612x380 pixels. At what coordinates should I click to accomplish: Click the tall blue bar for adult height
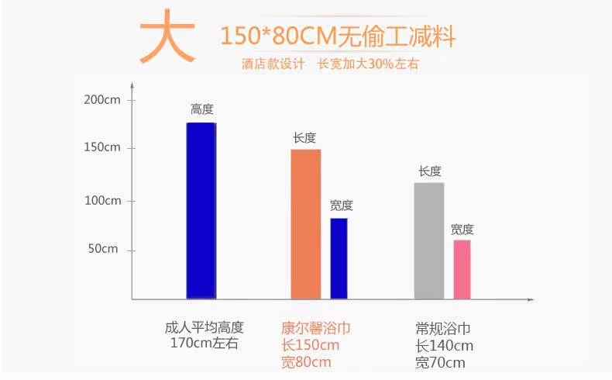click(x=201, y=210)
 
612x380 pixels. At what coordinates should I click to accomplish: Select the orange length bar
click(x=305, y=223)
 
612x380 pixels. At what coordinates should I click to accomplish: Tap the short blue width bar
click(x=339, y=258)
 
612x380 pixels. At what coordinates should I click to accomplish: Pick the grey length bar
click(x=428, y=240)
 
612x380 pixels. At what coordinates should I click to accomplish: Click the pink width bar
click(x=462, y=269)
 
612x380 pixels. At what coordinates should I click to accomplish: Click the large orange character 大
click(x=167, y=37)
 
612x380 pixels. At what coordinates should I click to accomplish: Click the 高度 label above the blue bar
click(x=201, y=109)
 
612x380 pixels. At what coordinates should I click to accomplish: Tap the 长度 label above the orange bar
click(x=304, y=137)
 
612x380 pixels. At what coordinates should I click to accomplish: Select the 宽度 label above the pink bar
click(x=462, y=230)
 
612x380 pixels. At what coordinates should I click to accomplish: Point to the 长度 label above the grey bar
click(x=430, y=171)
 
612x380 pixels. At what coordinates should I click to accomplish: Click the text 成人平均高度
click(x=205, y=327)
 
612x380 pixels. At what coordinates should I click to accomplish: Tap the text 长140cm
click(x=444, y=345)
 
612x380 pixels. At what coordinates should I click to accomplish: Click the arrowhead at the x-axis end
click(x=531, y=299)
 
